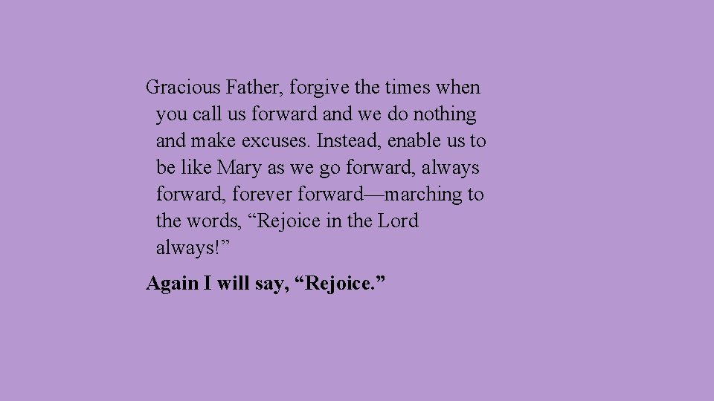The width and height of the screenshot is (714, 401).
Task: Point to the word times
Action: pyautogui.click(x=408, y=88)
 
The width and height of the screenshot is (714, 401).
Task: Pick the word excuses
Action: pyautogui.click(x=279, y=141)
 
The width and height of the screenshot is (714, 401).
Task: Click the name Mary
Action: pyautogui.click(x=239, y=168)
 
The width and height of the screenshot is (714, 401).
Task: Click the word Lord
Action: pyautogui.click(x=399, y=221)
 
